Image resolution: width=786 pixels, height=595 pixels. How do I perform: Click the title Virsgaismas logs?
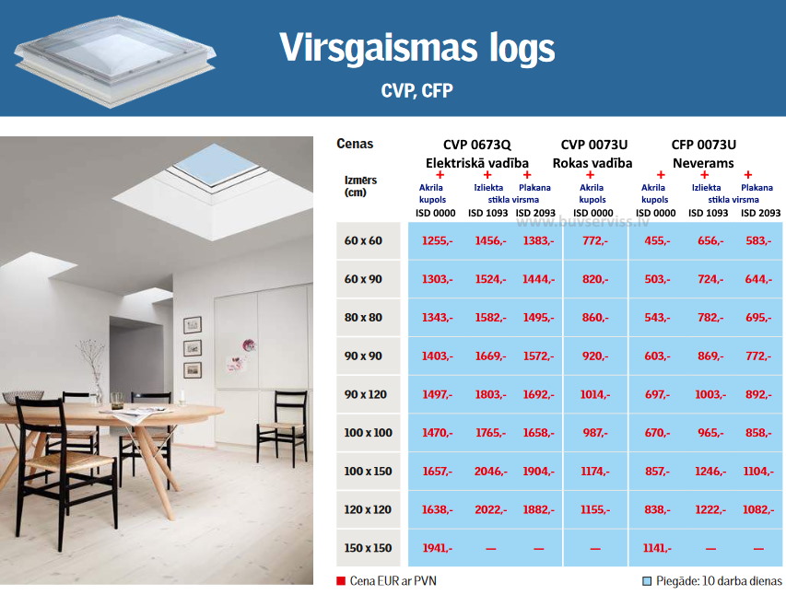click(x=417, y=49)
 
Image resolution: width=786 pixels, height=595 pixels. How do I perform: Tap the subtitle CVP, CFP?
click(x=417, y=91)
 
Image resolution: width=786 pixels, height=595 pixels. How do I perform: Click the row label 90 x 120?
click(x=366, y=394)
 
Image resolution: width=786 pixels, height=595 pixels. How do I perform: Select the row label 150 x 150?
click(x=368, y=548)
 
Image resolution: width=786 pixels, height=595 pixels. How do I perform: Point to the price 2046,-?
click(x=491, y=472)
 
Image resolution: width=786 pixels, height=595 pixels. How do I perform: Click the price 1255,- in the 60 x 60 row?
click(x=437, y=240)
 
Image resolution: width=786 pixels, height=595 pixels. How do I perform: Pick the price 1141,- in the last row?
click(x=657, y=548)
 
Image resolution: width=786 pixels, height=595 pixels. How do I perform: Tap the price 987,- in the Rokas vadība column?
click(x=595, y=433)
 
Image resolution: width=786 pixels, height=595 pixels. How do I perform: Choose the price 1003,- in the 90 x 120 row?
click(x=710, y=394)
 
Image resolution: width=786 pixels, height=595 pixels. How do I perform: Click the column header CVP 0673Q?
click(x=476, y=145)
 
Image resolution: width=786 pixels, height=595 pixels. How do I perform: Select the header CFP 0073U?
click(x=703, y=145)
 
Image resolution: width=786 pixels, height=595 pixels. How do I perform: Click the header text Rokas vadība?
click(x=592, y=163)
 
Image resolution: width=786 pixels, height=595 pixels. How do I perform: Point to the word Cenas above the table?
click(x=355, y=144)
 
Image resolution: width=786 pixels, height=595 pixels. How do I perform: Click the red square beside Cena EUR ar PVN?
click(x=341, y=581)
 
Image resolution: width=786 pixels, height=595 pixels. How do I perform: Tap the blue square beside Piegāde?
click(x=647, y=581)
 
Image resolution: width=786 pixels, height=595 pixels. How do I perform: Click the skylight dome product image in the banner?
click(x=115, y=61)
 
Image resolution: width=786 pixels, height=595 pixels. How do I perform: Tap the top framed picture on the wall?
click(x=193, y=325)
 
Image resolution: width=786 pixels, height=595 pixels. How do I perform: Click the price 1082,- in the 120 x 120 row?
click(x=758, y=509)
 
